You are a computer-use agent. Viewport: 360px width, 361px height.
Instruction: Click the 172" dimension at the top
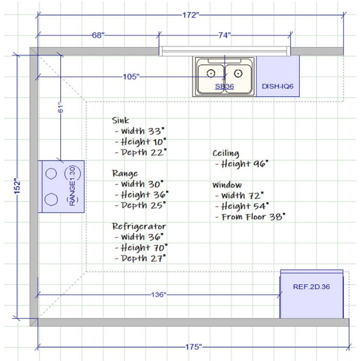(191, 15)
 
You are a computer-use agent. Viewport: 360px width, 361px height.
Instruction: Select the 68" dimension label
(98, 35)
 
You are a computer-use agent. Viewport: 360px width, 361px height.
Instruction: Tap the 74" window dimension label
(224, 35)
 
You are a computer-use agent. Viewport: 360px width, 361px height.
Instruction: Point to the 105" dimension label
(131, 77)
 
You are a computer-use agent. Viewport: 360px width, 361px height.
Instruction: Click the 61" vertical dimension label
(60, 107)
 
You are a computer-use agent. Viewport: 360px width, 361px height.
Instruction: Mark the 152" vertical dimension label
(17, 186)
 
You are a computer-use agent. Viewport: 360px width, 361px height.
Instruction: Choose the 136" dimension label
(158, 295)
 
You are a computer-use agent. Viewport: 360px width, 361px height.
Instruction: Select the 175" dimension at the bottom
(193, 347)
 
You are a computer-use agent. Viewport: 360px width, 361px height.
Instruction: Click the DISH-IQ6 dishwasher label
(278, 86)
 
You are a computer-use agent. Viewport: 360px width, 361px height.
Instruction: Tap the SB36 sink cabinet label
(224, 86)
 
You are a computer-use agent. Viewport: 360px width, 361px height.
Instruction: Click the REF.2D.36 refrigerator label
(311, 287)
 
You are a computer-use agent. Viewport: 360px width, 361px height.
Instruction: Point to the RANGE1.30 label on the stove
(72, 186)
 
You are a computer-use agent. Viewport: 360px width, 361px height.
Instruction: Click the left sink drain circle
(211, 74)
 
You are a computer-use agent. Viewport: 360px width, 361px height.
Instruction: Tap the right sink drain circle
(238, 74)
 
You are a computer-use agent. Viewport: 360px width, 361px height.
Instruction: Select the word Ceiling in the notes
(226, 154)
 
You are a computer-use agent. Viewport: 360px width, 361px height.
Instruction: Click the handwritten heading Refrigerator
(139, 226)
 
